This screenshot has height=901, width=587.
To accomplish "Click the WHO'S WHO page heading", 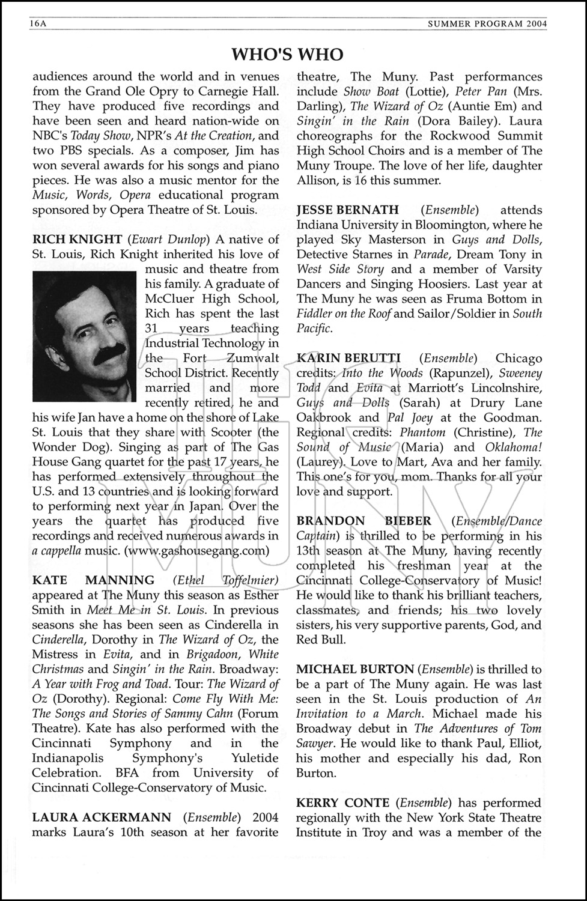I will [287, 55].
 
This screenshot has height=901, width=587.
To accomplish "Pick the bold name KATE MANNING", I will [93, 580].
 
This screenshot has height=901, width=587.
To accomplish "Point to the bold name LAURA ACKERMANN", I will [102, 818].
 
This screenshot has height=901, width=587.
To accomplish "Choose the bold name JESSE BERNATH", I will [347, 210].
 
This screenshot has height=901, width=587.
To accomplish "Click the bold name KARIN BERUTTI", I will [348, 359].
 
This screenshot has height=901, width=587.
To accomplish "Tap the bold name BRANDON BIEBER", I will [363, 521].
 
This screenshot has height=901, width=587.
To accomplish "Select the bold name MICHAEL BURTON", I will [355, 669].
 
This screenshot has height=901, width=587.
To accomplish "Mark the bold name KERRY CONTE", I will [342, 803].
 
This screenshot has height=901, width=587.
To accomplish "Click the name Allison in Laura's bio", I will [318, 180].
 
